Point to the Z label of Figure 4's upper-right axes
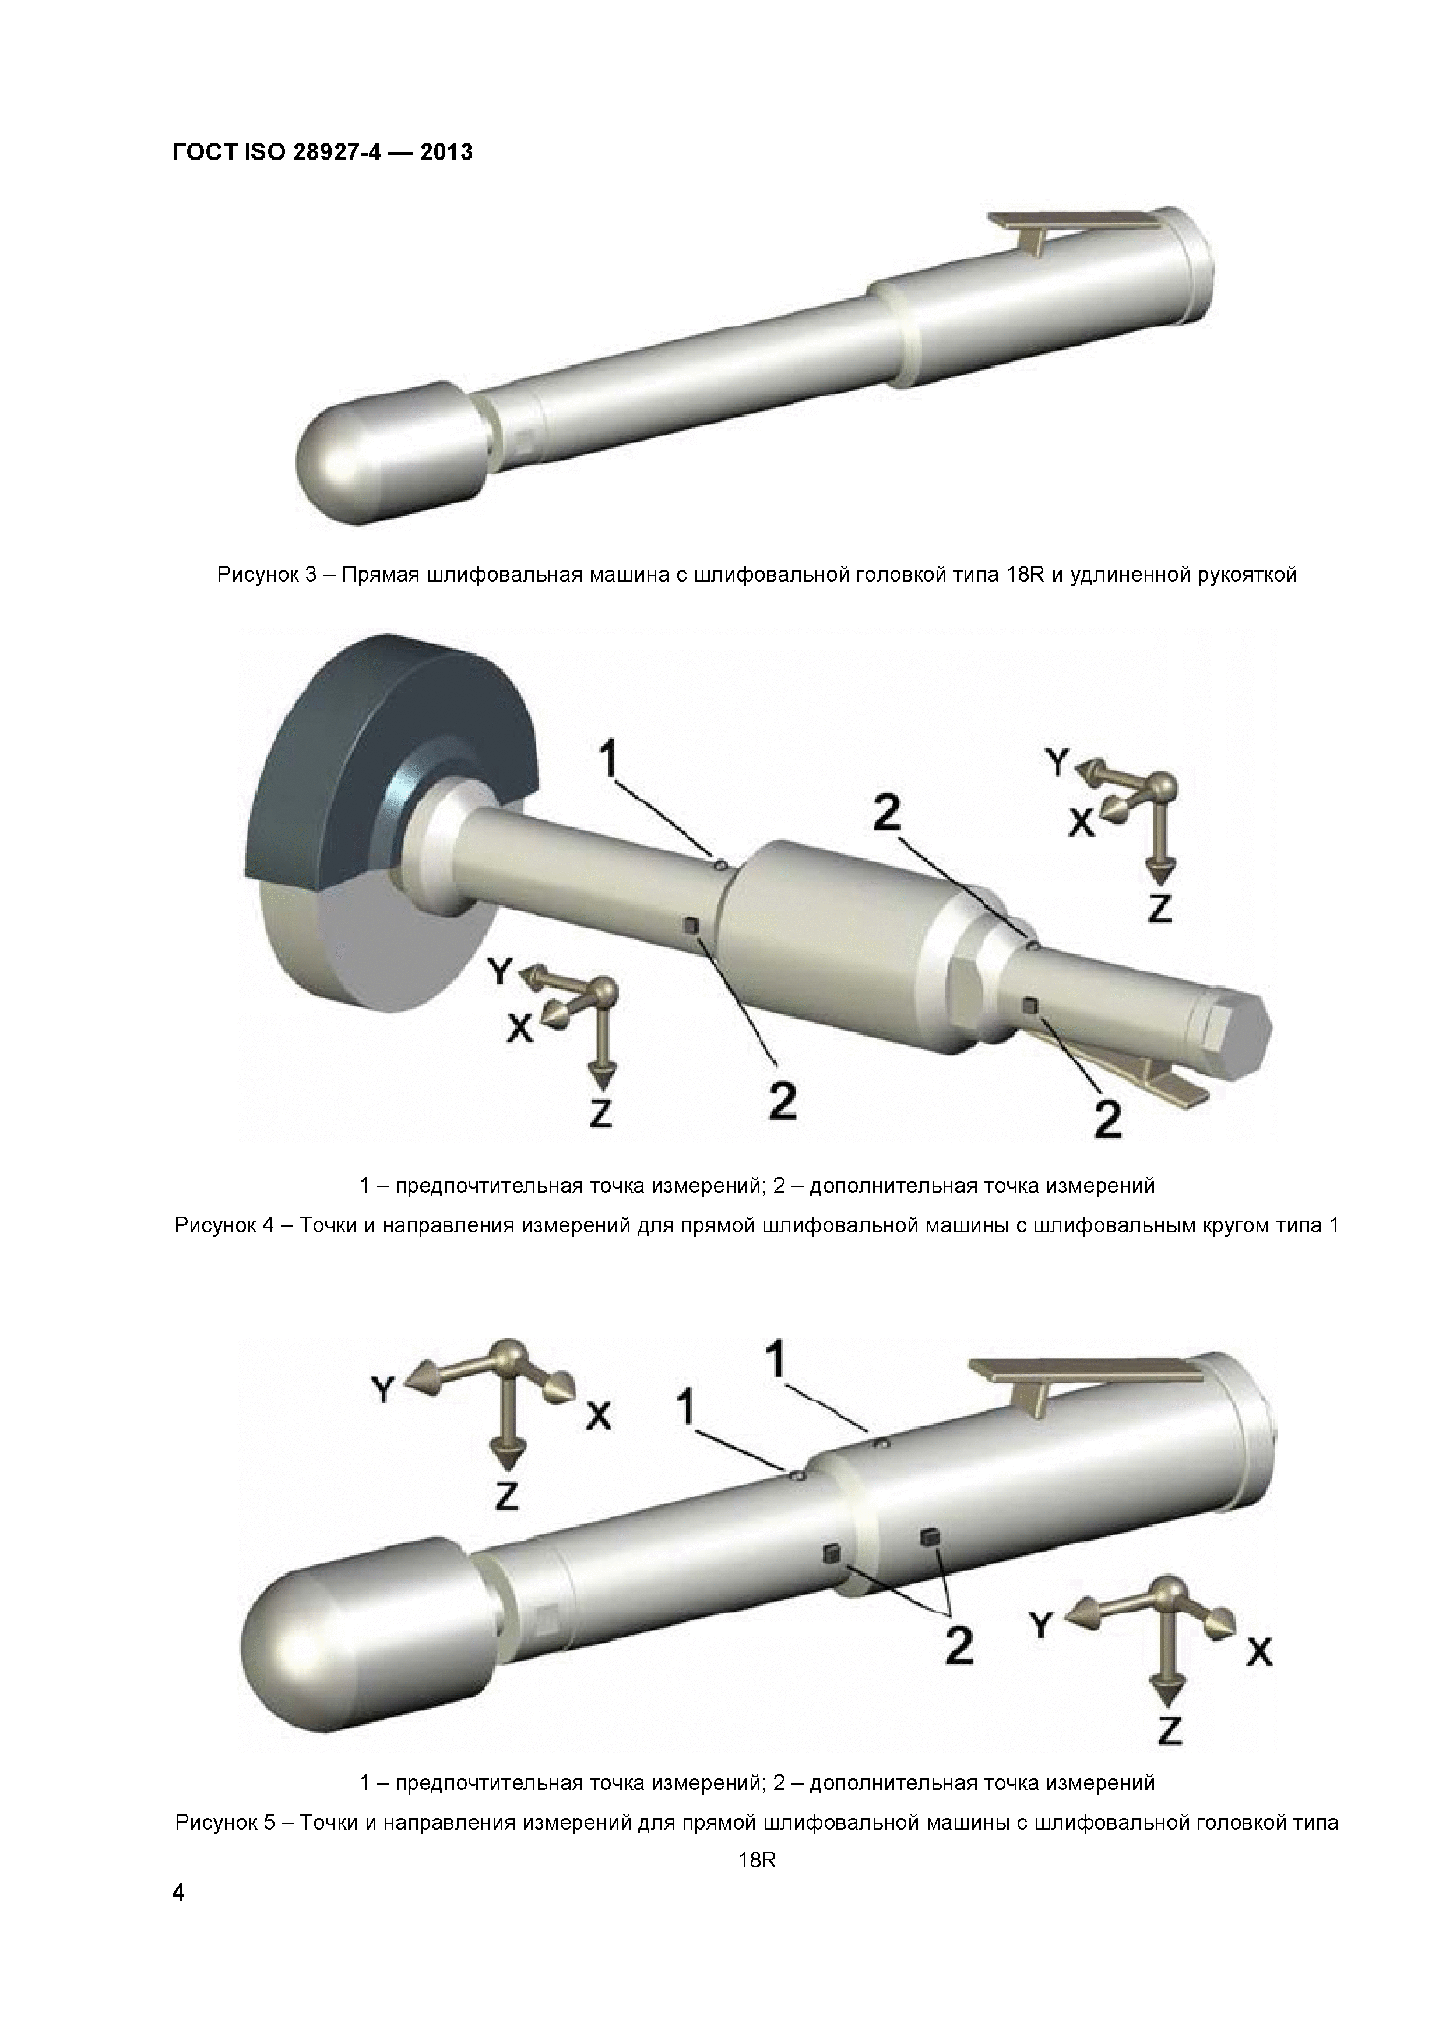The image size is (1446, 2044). pyautogui.click(x=1159, y=908)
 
